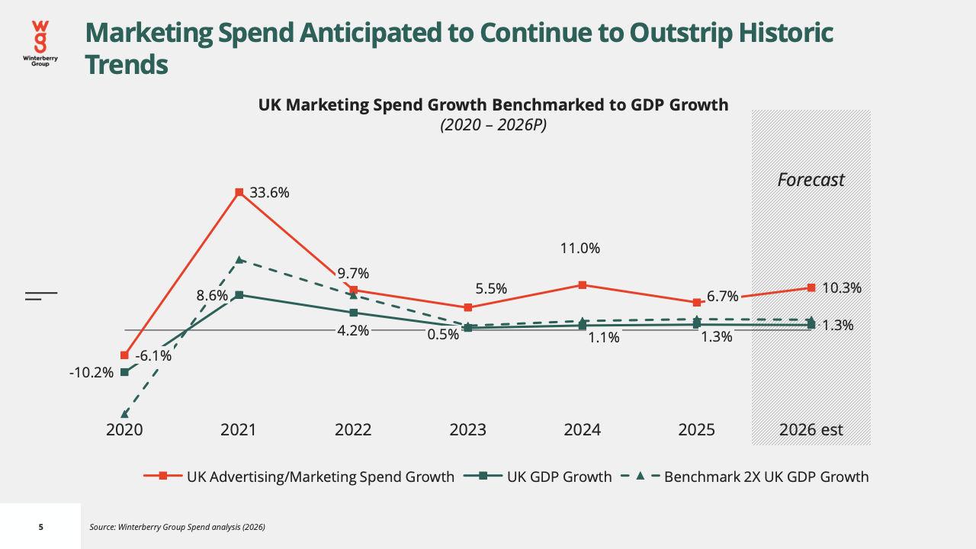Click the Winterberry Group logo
pyautogui.click(x=40, y=43)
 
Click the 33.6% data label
pyautogui.click(x=269, y=193)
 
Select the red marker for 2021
pyautogui.click(x=239, y=192)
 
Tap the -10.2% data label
pyautogui.click(x=91, y=373)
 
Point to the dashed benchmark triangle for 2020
pyautogui.click(x=124, y=414)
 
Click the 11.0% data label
pyautogui.click(x=580, y=249)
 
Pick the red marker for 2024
pyautogui.click(x=583, y=285)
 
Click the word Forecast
pyautogui.click(x=811, y=179)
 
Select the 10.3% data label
pyautogui.click(x=842, y=288)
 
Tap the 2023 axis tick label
pyautogui.click(x=467, y=430)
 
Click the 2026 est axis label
pyautogui.click(x=811, y=430)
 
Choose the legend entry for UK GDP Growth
pyautogui.click(x=538, y=477)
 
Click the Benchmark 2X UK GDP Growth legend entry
pyautogui.click(x=744, y=477)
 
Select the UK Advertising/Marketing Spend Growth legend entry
pyautogui.click(x=299, y=477)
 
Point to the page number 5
pyautogui.click(x=41, y=527)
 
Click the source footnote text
pyautogui.click(x=178, y=527)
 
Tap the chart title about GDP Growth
pyautogui.click(x=493, y=105)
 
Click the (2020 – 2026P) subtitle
pyautogui.click(x=493, y=125)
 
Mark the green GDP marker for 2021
pyautogui.click(x=239, y=295)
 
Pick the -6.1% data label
pyautogui.click(x=153, y=356)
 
